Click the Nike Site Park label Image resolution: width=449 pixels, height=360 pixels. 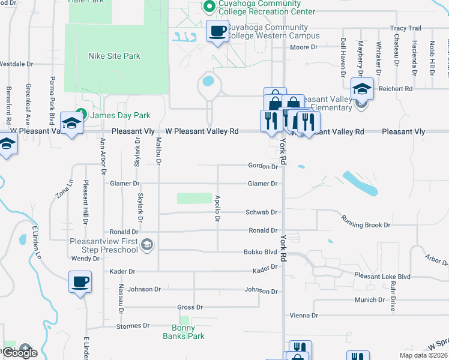(114, 56)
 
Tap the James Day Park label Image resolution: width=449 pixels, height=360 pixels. (120, 115)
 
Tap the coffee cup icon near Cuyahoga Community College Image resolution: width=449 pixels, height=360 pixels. (217, 31)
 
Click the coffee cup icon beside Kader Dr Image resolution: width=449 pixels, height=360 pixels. (80, 282)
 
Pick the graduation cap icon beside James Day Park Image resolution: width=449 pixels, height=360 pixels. (71, 124)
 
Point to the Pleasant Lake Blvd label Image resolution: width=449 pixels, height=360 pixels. (382, 277)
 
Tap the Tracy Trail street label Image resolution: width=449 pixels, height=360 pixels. (406, 28)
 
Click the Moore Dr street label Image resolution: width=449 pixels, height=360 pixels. (304, 47)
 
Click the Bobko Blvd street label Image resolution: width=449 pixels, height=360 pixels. (260, 253)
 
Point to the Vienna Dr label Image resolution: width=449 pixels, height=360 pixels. (303, 315)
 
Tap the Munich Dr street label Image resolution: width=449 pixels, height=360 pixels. (369, 299)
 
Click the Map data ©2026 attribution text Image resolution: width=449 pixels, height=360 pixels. (423, 355)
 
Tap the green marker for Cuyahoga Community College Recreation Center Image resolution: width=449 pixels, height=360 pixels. (209, 7)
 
